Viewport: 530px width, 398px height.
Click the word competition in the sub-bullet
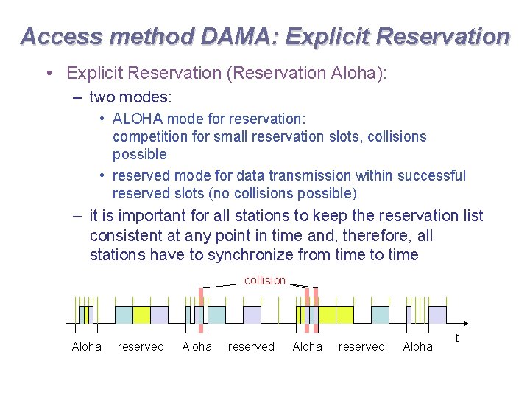click(x=149, y=136)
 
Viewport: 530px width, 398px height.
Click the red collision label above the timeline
click(x=265, y=280)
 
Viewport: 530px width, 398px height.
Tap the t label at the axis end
click(x=457, y=338)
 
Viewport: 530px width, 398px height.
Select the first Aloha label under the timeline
click(x=86, y=346)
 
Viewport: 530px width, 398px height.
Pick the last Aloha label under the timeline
click(x=417, y=346)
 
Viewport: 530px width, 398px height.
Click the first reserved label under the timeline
click(x=141, y=346)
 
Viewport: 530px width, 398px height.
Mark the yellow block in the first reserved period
click(x=141, y=315)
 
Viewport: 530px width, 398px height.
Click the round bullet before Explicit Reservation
click(x=47, y=73)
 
